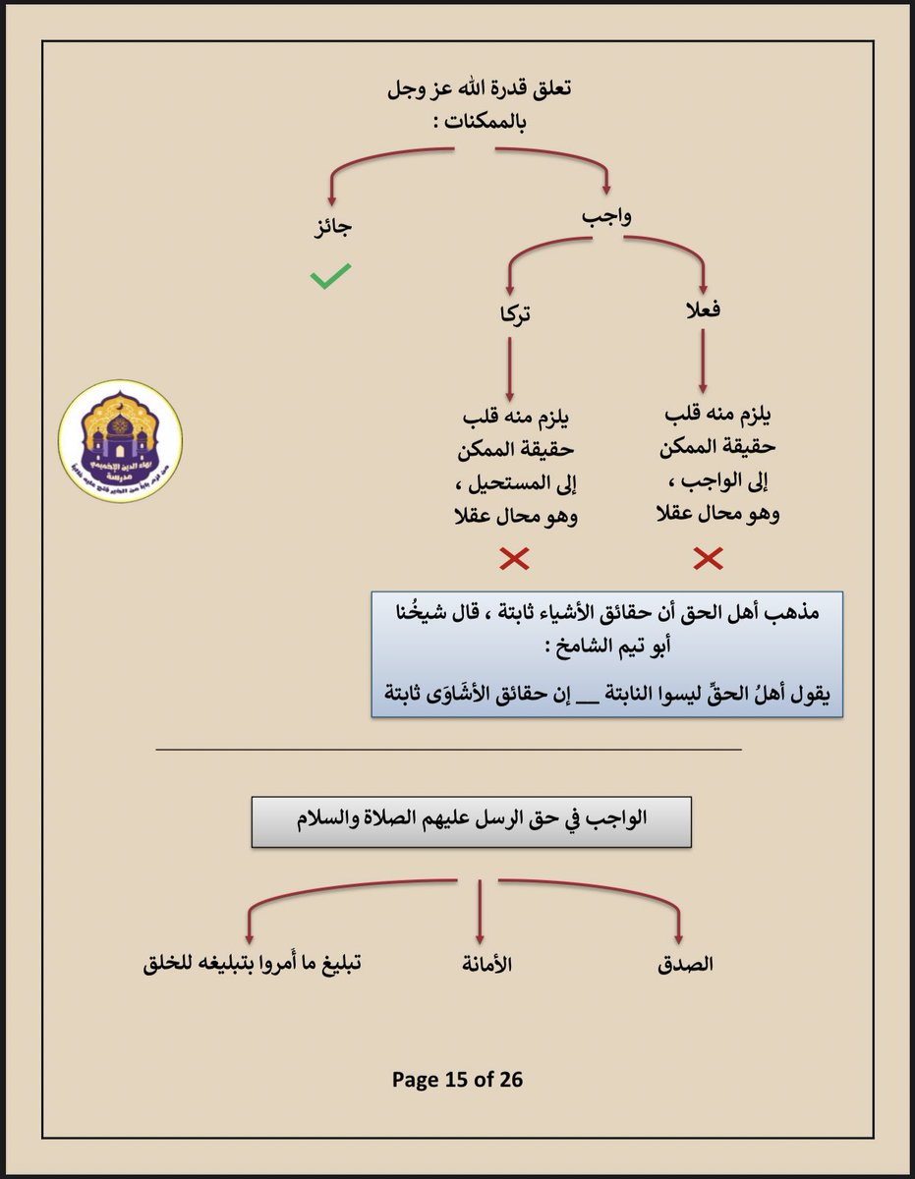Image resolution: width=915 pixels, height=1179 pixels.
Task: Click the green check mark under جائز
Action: pos(330,278)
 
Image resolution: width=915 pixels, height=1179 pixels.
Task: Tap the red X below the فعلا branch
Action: pos(708,559)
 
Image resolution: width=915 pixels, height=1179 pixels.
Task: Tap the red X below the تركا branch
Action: pos(515,559)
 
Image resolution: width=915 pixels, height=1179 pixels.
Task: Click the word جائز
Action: pos(330,227)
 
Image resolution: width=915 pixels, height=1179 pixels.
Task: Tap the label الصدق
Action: pos(685,964)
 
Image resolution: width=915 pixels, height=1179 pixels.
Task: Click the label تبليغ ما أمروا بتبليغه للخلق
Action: pos(250,964)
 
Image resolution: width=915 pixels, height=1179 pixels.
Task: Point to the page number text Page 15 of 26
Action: pos(457,1080)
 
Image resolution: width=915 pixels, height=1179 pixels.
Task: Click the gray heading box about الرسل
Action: pos(470,822)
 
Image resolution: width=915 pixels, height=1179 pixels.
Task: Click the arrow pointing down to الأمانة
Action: pos(480,913)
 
